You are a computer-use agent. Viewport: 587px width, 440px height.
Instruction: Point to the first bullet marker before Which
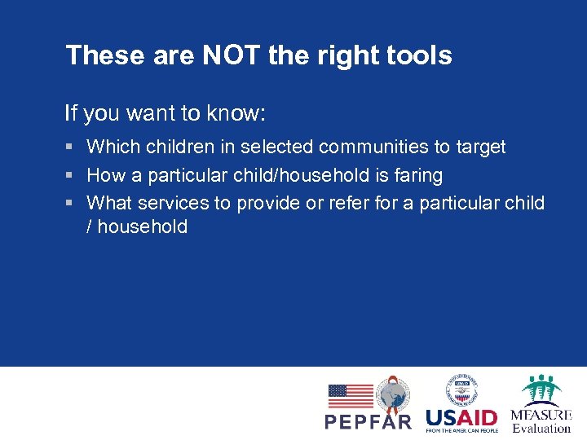70,147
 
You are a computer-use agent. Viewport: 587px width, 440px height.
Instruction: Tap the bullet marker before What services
70,203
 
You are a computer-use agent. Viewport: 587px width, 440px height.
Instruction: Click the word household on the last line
143,227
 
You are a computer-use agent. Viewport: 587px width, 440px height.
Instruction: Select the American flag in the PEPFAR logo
351,396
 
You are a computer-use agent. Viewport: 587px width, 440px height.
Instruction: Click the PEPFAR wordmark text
369,421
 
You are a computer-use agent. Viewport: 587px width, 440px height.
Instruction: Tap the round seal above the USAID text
461,389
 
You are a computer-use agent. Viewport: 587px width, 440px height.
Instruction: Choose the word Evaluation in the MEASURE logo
541,428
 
